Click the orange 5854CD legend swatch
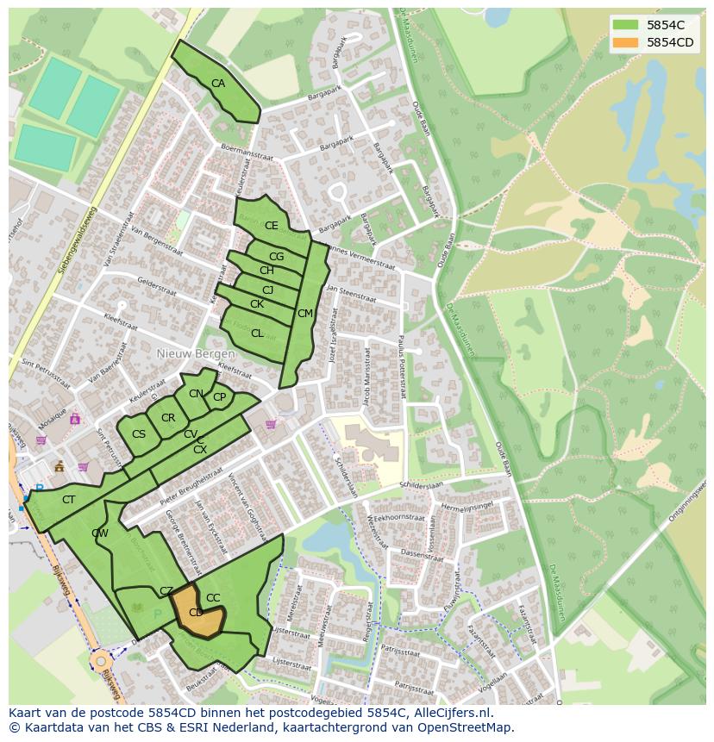point(627,42)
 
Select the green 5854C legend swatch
point(627,25)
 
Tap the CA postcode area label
point(218,84)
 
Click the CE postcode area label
point(272,226)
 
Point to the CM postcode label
point(304,314)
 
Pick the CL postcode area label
point(257,334)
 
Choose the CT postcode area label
point(69,500)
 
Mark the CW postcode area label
point(100,533)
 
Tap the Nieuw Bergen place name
point(196,355)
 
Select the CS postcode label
point(139,434)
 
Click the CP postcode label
point(219,397)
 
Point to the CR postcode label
point(168,418)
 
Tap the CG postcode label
point(276,257)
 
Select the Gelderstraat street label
point(156,288)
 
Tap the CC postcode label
point(213,598)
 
